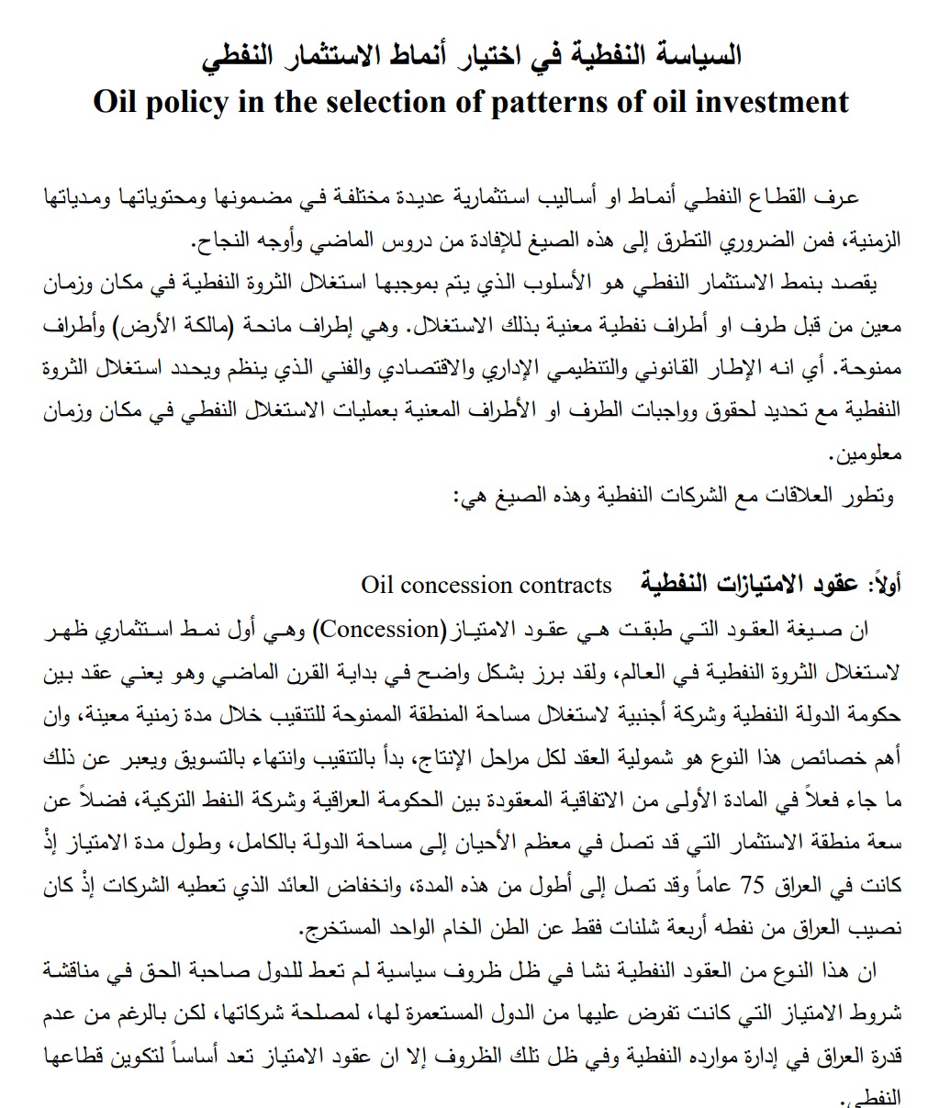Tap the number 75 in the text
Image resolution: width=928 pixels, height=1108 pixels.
coord(753,886)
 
